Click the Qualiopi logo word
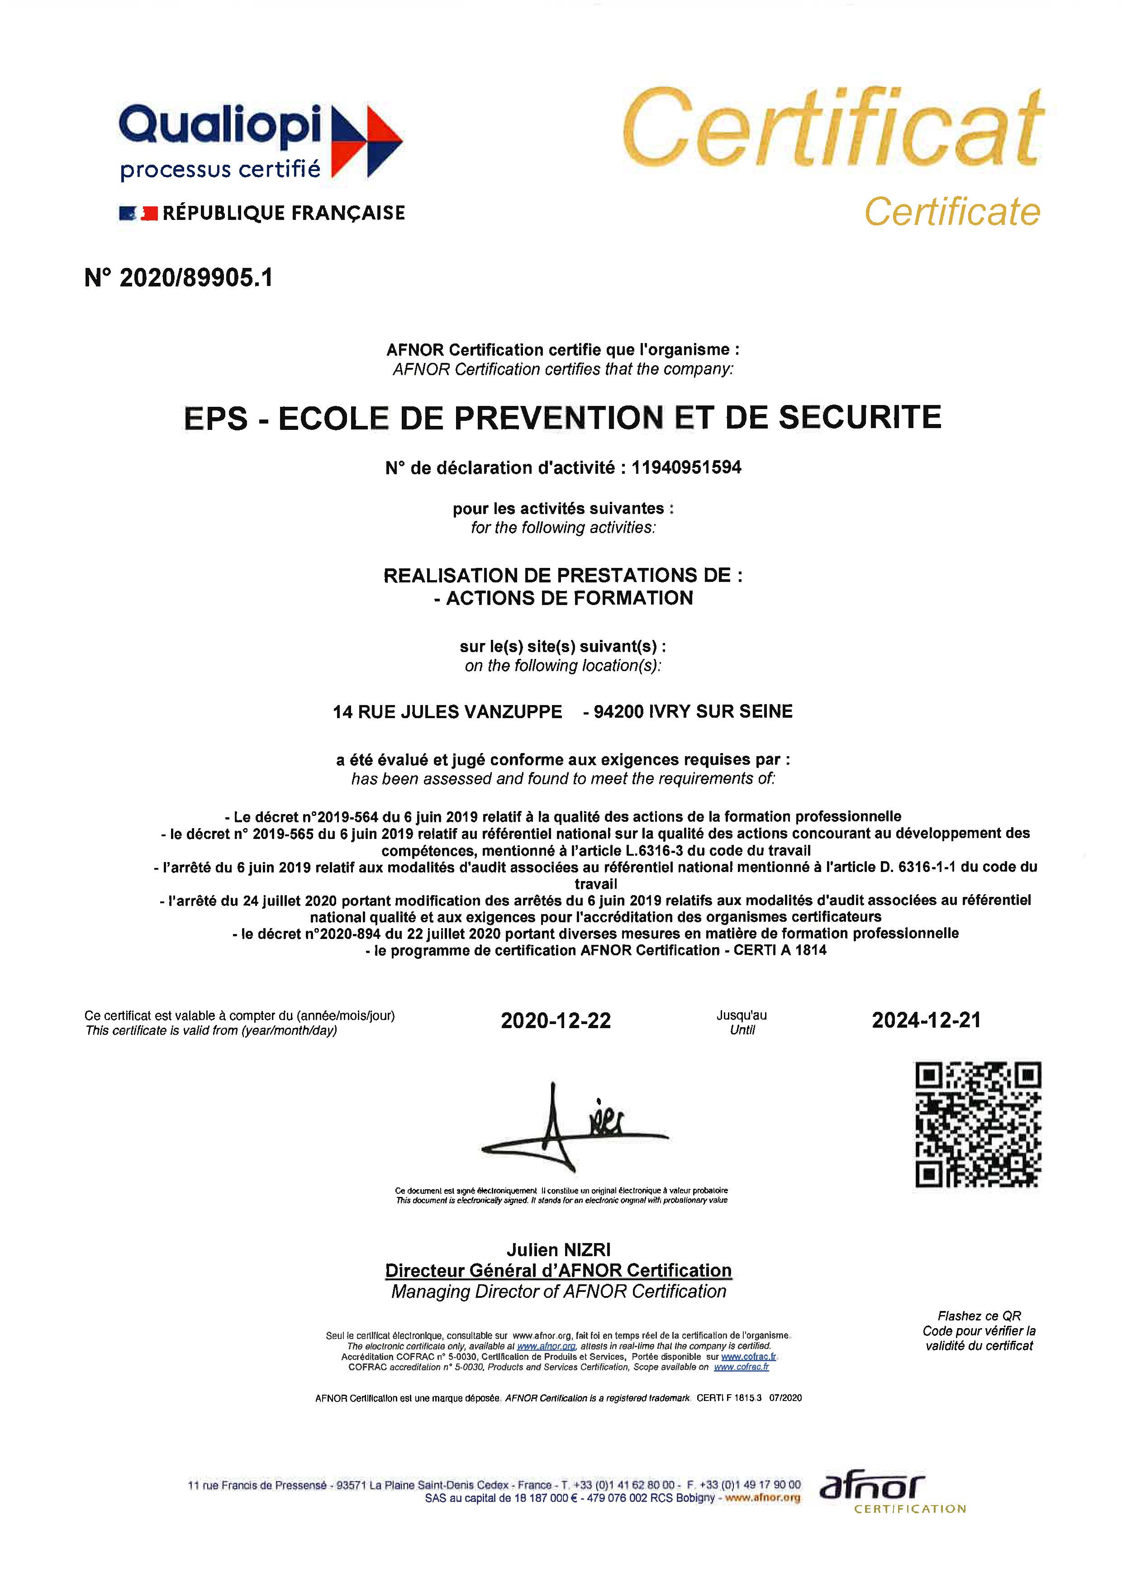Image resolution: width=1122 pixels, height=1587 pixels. (x=220, y=127)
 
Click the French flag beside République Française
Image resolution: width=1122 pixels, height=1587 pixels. (x=138, y=214)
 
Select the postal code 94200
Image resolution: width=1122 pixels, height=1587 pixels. (x=619, y=712)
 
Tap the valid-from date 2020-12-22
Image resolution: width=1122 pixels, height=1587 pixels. (x=556, y=1021)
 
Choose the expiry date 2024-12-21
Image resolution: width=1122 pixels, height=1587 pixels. (x=926, y=1020)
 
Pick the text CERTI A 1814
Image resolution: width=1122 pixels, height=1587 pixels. (x=780, y=950)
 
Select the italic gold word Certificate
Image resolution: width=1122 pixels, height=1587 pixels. (x=952, y=211)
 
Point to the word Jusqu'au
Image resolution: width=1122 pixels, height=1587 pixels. (x=742, y=1015)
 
